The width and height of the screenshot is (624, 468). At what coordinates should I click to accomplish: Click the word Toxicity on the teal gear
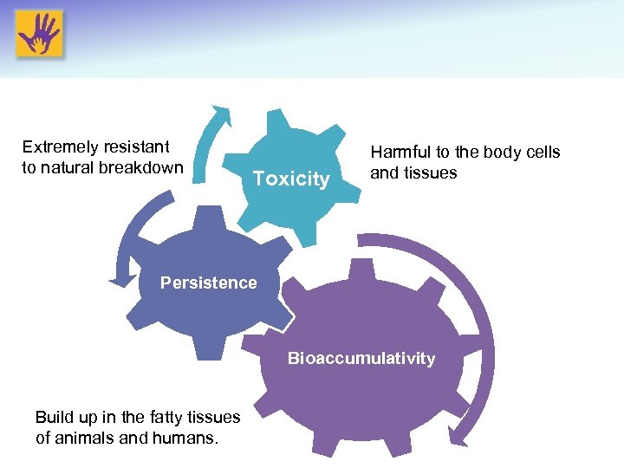click(290, 179)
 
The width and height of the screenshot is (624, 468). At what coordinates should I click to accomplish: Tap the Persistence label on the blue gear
click(208, 283)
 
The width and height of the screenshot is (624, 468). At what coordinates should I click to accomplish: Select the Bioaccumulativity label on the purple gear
click(361, 358)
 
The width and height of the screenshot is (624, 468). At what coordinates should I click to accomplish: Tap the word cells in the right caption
click(542, 153)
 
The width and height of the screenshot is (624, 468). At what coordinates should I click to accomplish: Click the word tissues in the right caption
click(431, 173)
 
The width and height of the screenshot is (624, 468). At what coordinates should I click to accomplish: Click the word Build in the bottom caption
click(54, 417)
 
